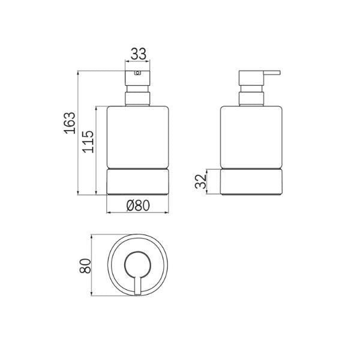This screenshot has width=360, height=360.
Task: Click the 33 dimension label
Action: coord(139,53)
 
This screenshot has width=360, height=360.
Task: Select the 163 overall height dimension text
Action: coord(70,122)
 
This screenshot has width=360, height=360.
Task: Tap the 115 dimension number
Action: coord(88,142)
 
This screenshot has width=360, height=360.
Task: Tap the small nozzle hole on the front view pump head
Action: coord(137,74)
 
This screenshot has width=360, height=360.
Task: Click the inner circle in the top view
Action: coord(138,264)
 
